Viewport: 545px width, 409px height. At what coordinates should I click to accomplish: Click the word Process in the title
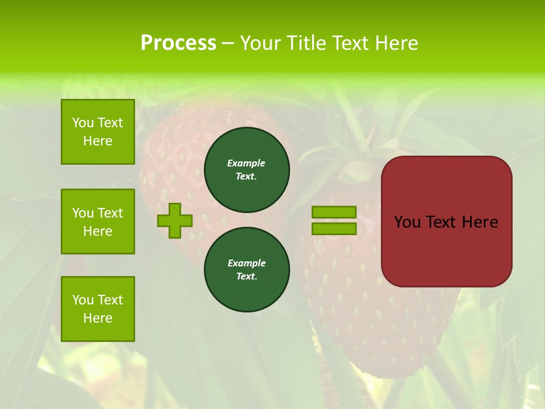coord(178,43)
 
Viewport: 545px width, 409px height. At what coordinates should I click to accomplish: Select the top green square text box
coord(98,132)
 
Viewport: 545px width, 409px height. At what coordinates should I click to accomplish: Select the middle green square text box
coord(98,222)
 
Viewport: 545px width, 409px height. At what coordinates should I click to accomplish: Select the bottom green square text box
coord(98,309)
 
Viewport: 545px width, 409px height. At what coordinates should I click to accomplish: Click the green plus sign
coord(175,220)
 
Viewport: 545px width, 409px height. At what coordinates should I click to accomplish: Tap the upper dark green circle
coord(247,169)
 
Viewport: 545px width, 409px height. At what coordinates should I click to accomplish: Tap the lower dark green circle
coord(247,269)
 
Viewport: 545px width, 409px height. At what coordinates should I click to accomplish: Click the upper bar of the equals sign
coord(334,212)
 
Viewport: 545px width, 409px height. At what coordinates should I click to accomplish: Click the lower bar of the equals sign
coord(334,229)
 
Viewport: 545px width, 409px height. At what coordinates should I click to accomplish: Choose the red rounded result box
coord(446,222)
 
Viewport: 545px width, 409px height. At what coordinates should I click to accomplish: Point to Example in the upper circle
coord(246,163)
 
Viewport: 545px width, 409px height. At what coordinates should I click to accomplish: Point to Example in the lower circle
coord(246,263)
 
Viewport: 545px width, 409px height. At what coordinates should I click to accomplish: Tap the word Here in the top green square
coord(98,141)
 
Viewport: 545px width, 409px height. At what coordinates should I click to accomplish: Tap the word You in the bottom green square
coord(82,300)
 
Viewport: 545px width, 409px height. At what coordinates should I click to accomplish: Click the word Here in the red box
coord(480,222)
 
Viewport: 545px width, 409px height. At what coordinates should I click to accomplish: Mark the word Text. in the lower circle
coord(246,276)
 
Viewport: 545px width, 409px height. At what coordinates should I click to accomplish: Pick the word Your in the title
coord(261,43)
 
